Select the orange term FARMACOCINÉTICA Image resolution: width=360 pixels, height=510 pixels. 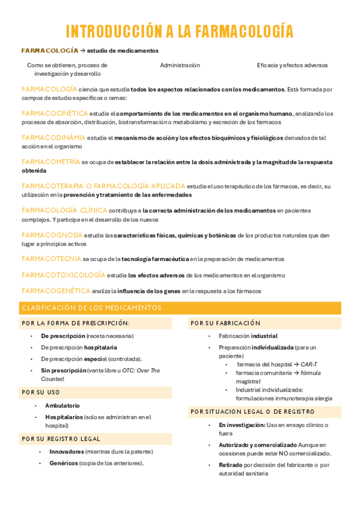tap(54, 113)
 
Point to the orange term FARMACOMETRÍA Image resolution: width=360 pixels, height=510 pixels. tap(50, 162)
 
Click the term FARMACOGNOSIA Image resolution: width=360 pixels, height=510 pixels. tap(52, 235)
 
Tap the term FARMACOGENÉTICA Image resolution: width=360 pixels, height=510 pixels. tap(55, 290)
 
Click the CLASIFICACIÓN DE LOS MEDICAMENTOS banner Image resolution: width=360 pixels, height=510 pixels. tap(91, 308)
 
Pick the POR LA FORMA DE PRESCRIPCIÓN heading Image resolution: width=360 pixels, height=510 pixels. tap(75, 323)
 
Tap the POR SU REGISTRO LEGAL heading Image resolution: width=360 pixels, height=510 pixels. tap(61, 438)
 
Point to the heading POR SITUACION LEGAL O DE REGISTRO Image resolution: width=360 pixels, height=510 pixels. tap(252, 411)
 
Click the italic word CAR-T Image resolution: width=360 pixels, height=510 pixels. tap(309, 364)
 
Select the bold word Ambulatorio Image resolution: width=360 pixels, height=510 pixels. tap(62, 405)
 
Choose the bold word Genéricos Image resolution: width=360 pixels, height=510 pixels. tap(64, 463)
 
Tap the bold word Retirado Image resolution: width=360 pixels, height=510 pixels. tap(230, 465)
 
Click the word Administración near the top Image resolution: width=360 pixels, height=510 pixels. tap(180, 65)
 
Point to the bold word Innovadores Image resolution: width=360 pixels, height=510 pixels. tap(67, 451)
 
